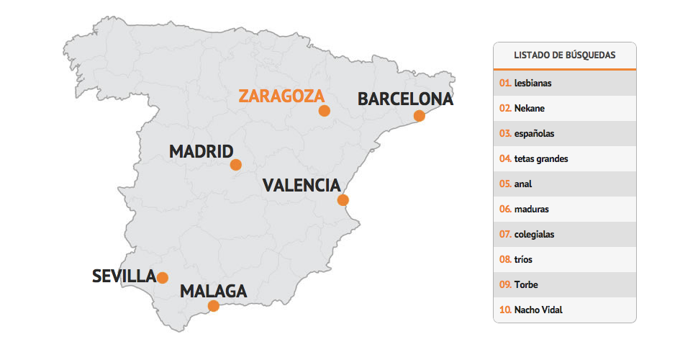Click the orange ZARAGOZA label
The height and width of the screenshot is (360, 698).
point(281,96)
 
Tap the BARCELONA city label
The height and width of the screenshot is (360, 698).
point(405,99)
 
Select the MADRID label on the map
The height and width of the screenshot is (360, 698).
point(201,152)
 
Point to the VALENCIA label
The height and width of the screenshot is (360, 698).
point(302,185)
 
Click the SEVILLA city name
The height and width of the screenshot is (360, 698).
point(124,276)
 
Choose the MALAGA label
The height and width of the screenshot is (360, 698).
point(214,292)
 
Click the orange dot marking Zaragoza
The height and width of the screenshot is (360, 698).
point(325,111)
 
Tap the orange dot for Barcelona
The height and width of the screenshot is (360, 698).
point(420,116)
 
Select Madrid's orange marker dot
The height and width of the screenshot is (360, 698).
point(235,165)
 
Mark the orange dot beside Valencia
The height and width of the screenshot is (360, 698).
point(343,200)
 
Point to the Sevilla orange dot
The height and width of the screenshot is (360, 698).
point(163,278)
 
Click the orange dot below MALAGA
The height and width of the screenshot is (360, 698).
point(214,306)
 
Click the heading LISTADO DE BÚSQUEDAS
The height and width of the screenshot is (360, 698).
point(565,55)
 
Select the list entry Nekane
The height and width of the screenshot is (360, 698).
point(530,108)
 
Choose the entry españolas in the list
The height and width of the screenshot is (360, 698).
point(535,133)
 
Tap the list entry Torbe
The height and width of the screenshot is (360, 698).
point(526,284)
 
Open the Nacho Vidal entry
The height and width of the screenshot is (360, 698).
point(538,310)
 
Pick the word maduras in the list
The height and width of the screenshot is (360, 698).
point(532,209)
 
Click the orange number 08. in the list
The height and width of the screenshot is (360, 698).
point(505,259)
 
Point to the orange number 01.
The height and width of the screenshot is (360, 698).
point(505,83)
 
